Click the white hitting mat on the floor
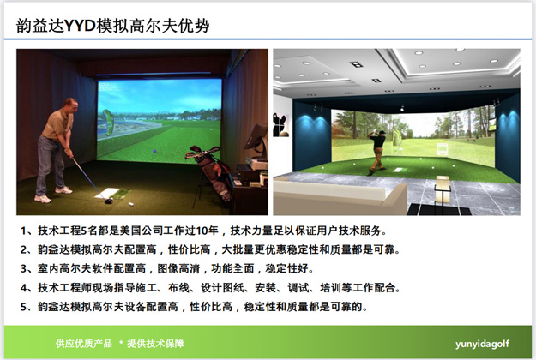(111, 195)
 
